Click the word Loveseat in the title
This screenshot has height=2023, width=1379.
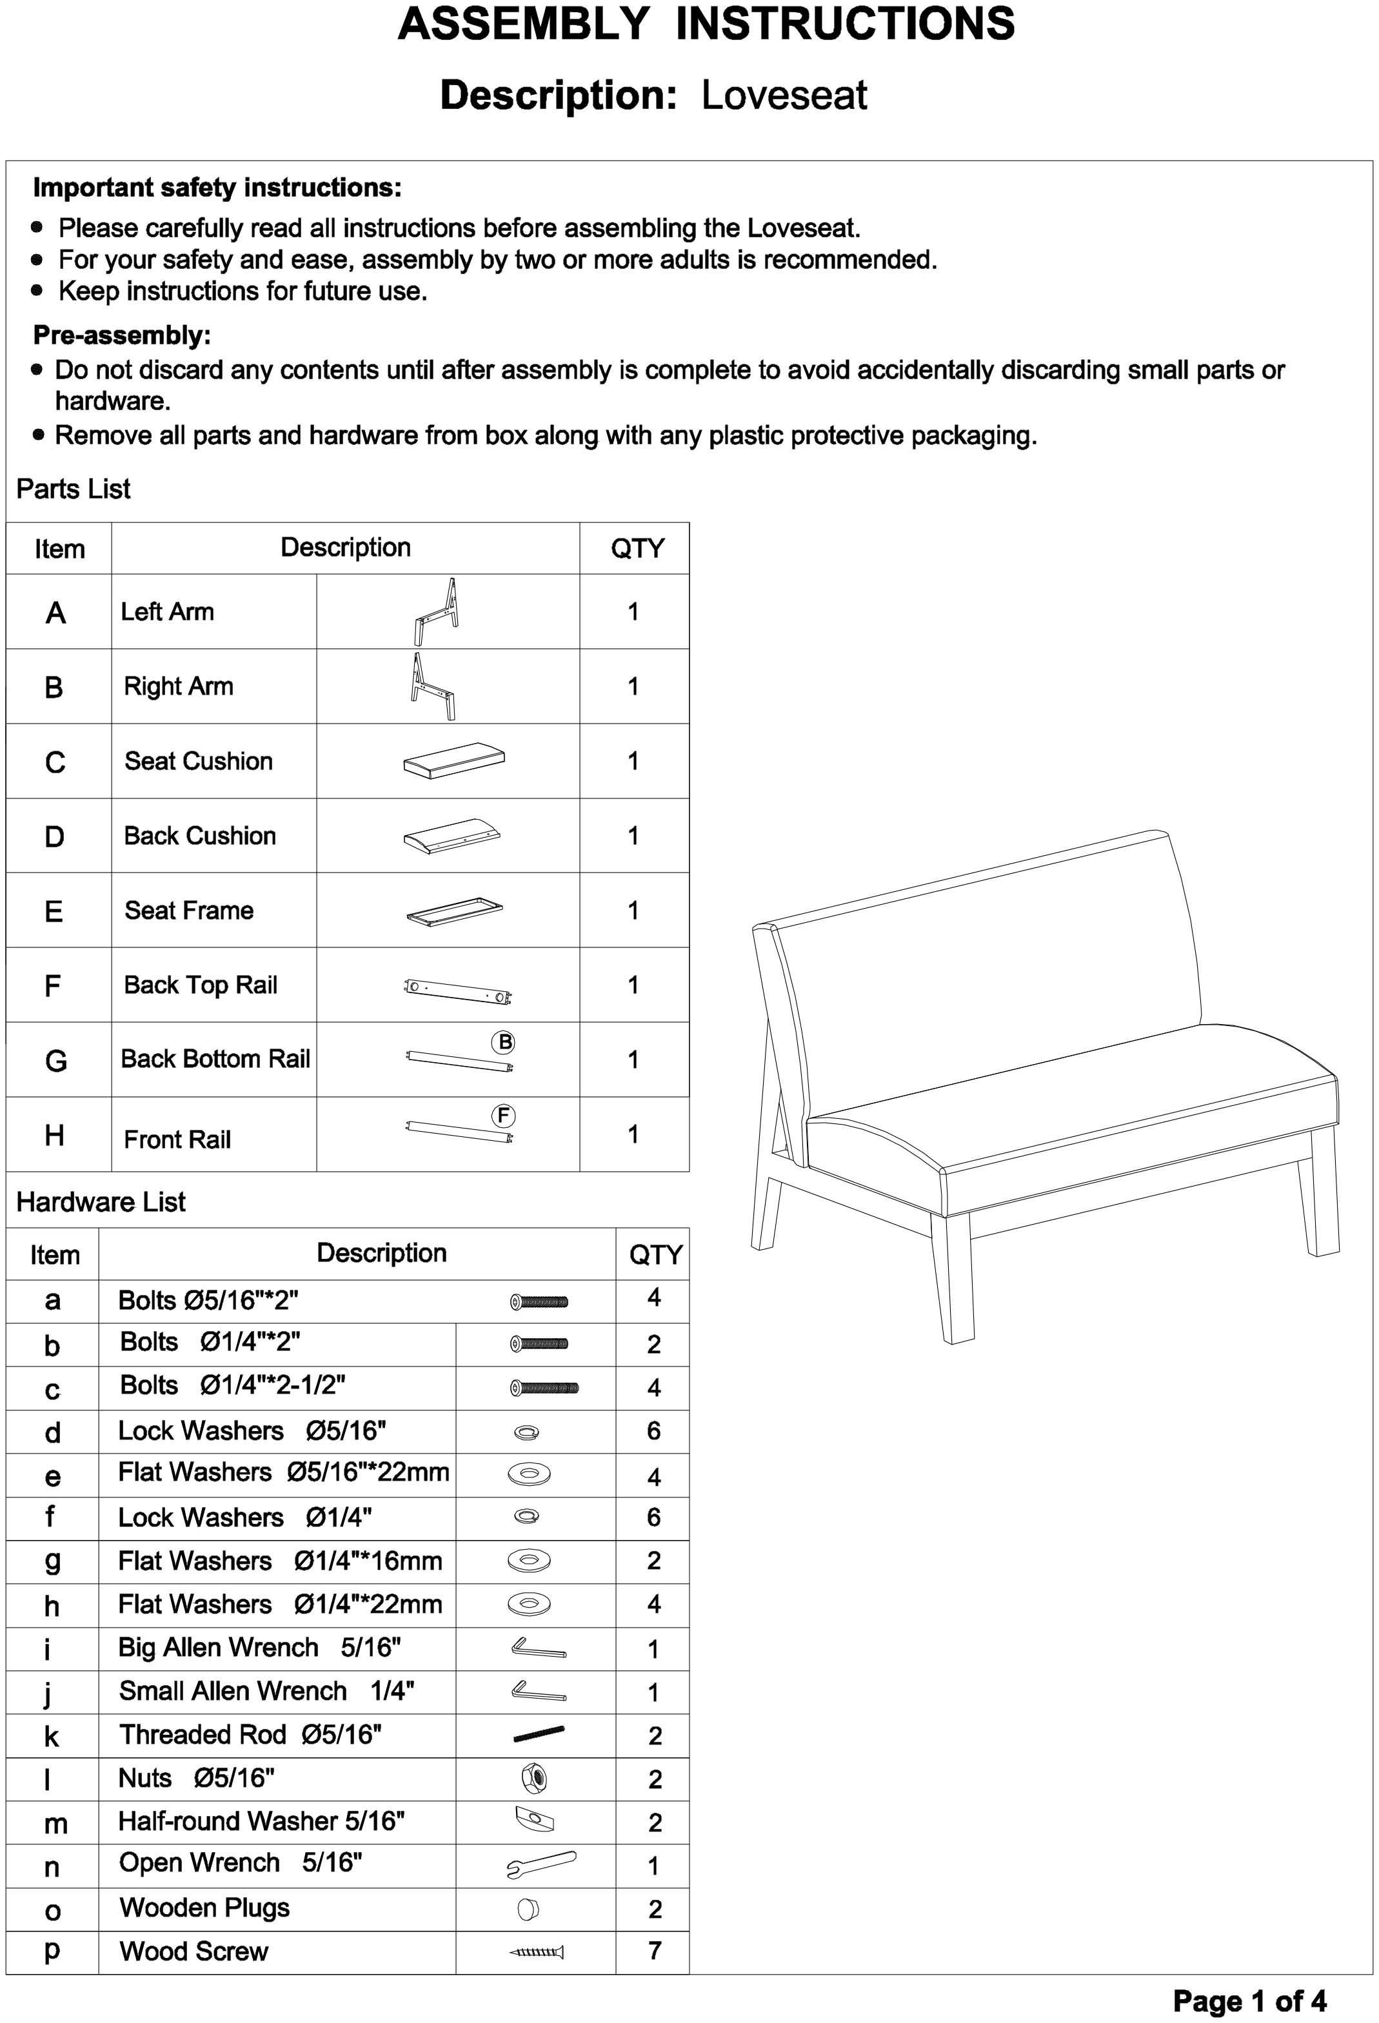point(784,95)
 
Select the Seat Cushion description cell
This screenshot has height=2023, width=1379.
point(199,761)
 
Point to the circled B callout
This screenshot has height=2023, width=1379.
point(503,1042)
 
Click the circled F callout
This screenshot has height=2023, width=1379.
point(503,1116)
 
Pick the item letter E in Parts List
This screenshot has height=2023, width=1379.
point(54,911)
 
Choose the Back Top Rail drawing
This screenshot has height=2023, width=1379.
point(458,991)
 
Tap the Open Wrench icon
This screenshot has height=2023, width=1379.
point(541,1866)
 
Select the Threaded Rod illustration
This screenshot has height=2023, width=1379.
point(539,1735)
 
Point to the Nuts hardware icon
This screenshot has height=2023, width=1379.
point(533,1779)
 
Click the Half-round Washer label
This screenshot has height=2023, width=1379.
point(261,1821)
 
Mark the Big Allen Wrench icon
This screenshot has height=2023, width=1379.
point(538,1648)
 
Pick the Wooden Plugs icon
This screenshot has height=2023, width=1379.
point(528,1909)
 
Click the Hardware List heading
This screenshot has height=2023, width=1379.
point(101,1202)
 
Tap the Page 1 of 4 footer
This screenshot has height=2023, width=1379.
point(1249,2000)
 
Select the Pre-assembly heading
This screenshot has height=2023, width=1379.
point(122,335)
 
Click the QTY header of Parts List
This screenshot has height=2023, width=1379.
point(637,548)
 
